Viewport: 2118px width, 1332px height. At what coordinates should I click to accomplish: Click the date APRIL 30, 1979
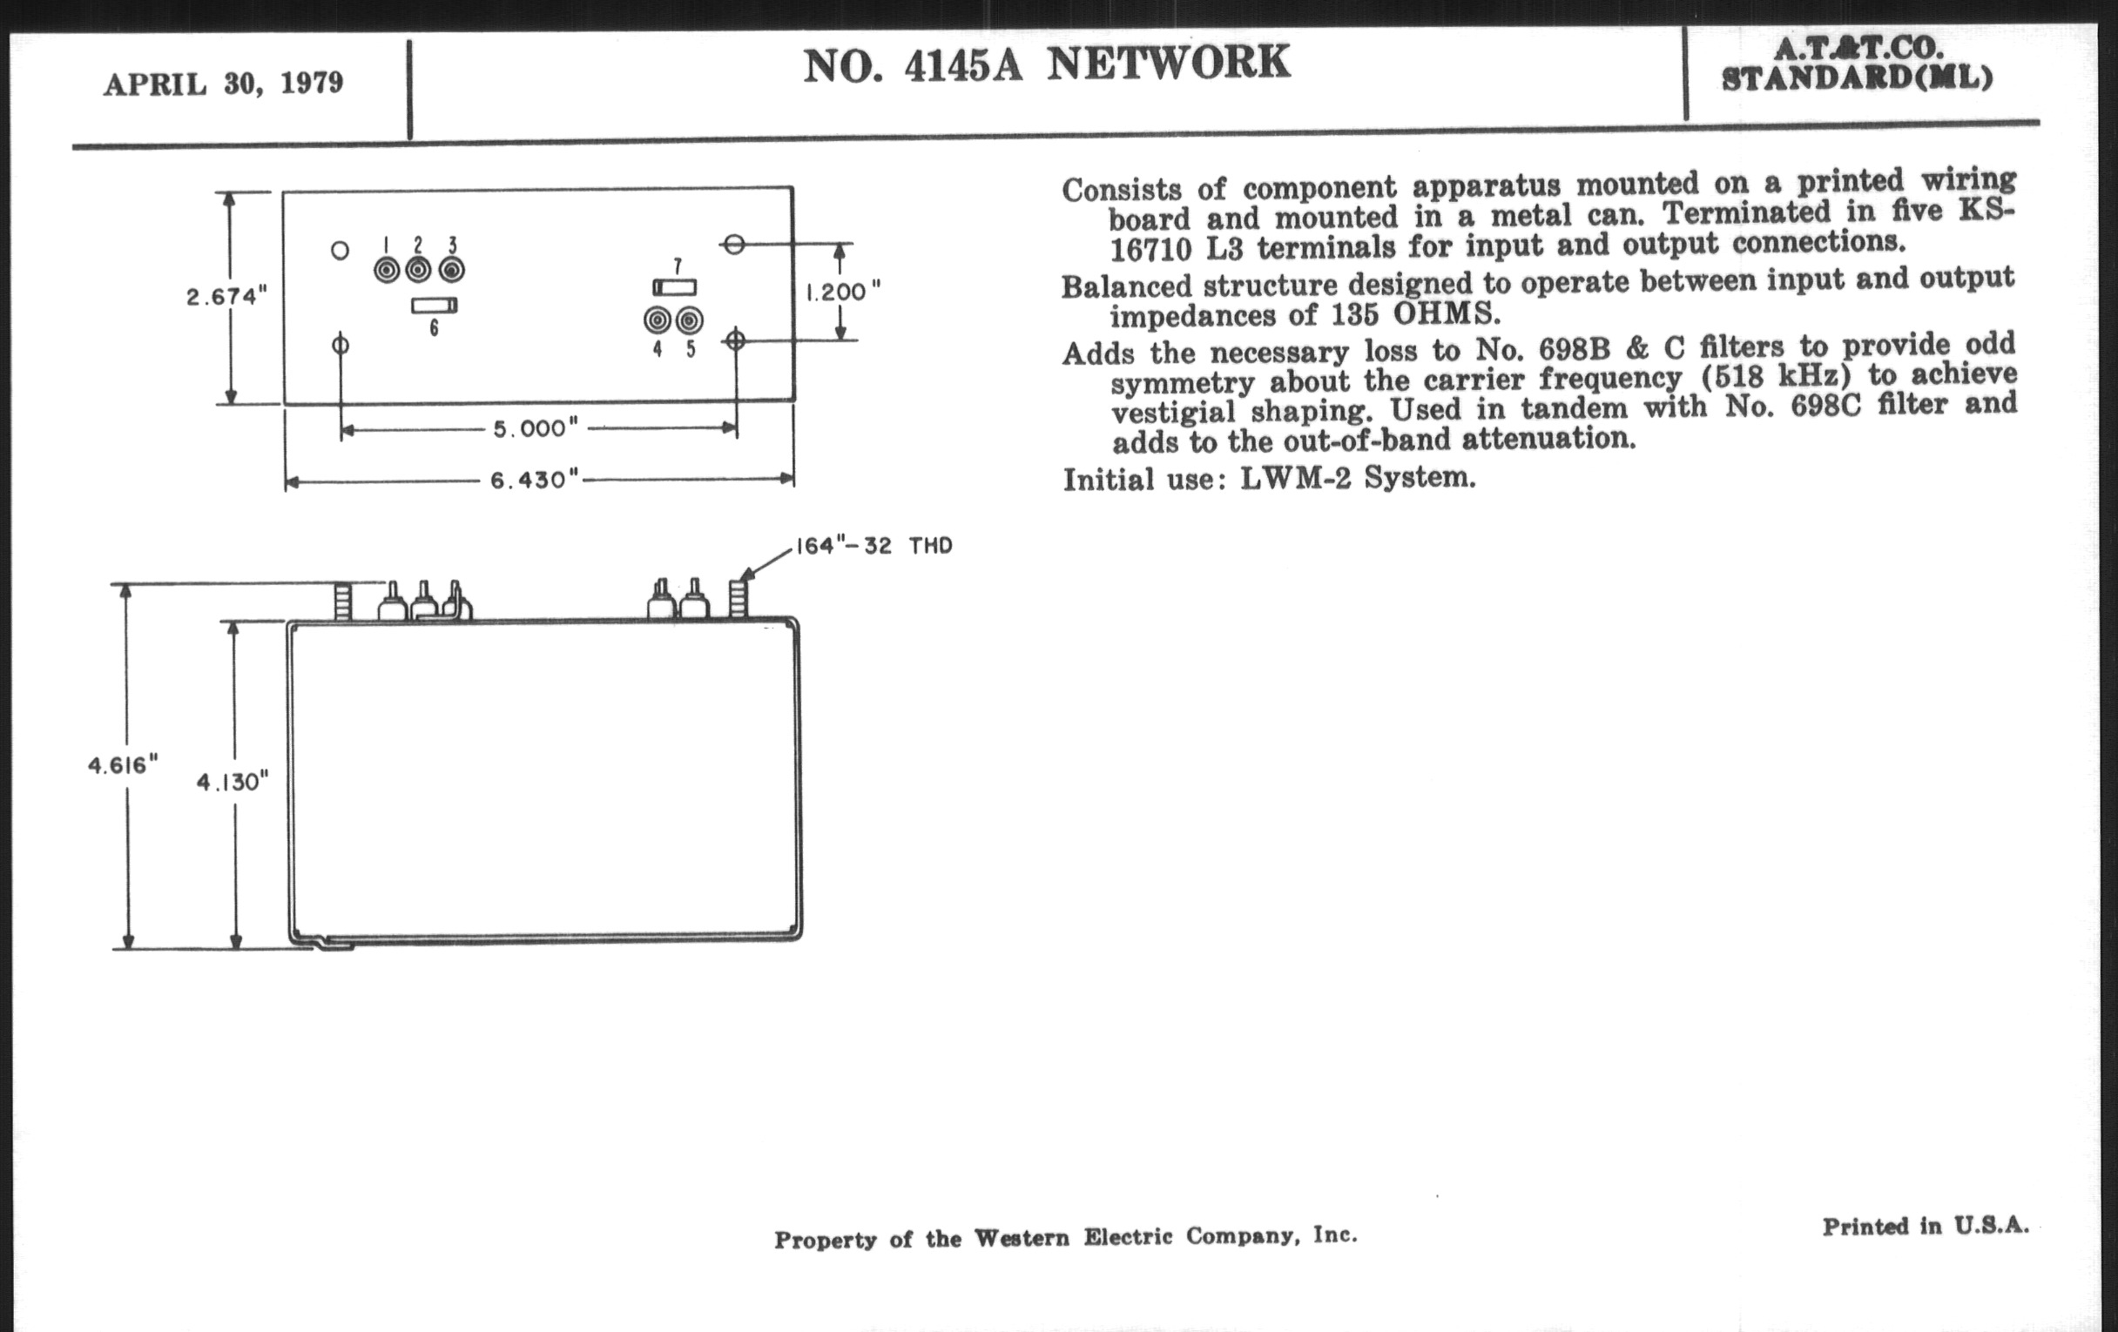[x=224, y=84]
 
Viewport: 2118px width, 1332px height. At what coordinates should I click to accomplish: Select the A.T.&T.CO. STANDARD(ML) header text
[x=1856, y=64]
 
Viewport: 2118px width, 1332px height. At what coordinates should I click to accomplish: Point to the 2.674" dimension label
[x=226, y=297]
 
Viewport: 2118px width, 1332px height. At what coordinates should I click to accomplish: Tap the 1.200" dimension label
[x=843, y=291]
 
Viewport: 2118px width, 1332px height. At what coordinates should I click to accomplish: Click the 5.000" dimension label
[x=536, y=429]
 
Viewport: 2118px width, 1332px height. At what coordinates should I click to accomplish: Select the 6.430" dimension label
[x=534, y=480]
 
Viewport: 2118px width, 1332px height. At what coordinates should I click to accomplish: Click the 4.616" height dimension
[x=123, y=765]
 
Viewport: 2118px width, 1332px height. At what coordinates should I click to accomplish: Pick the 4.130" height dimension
[x=233, y=782]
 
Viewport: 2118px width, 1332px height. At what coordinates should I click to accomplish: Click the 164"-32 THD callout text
[x=874, y=546]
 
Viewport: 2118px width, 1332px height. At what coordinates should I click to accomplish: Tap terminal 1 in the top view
[x=387, y=270]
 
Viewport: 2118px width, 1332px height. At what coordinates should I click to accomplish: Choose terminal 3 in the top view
[x=452, y=270]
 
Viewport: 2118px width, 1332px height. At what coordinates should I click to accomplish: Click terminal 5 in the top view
[x=690, y=321]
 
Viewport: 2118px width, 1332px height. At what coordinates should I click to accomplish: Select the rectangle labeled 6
[x=435, y=306]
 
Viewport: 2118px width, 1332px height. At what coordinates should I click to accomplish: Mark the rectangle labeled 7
[x=675, y=287]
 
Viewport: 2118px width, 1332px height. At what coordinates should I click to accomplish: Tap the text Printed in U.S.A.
[x=1925, y=1227]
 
